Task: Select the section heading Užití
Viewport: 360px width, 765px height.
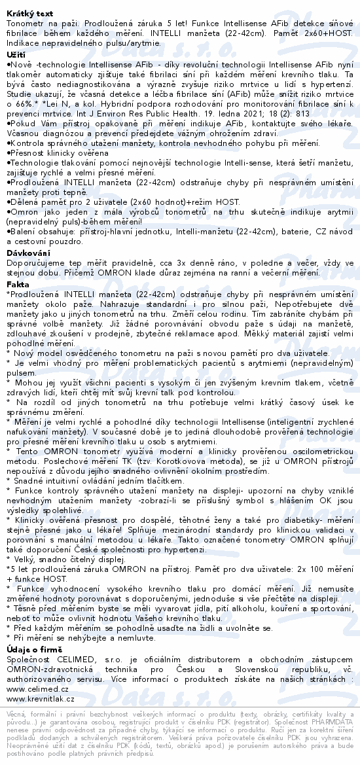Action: coord(15,54)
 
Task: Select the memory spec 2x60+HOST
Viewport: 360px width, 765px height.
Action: coord(319,32)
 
